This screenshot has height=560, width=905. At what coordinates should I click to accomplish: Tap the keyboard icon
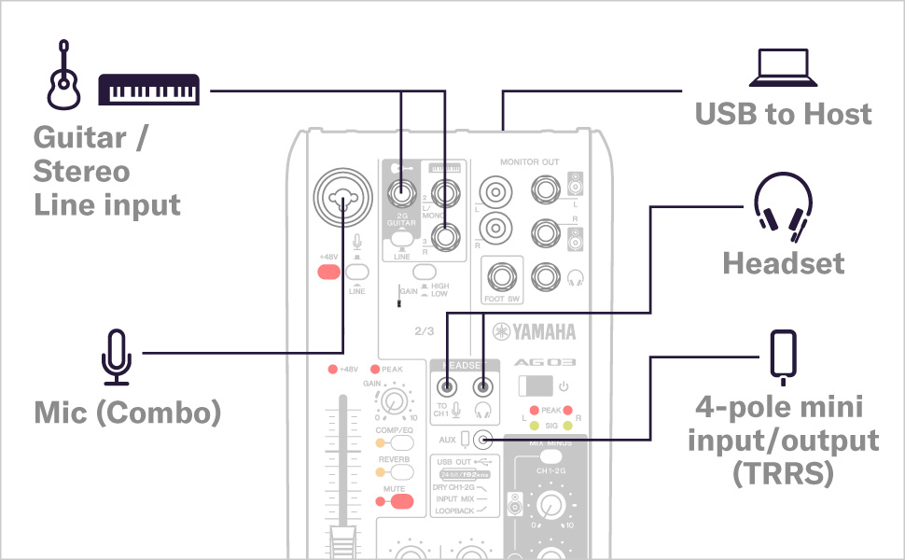coord(149,90)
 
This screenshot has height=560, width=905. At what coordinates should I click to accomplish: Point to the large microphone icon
coord(118,357)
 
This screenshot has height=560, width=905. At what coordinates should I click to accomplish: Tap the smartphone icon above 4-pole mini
coord(783,356)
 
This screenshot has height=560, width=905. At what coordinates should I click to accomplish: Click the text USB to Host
coord(783,114)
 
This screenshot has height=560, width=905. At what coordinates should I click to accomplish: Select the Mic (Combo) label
coord(127,412)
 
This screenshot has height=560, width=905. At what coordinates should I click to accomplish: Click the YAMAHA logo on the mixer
coord(535,331)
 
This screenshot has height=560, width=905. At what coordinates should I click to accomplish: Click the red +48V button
coord(328,273)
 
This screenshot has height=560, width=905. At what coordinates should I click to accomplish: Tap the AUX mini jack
coord(482,439)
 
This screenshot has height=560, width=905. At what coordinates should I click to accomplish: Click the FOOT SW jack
coord(502,277)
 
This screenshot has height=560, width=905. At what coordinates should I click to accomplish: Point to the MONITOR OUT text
coord(529,161)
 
